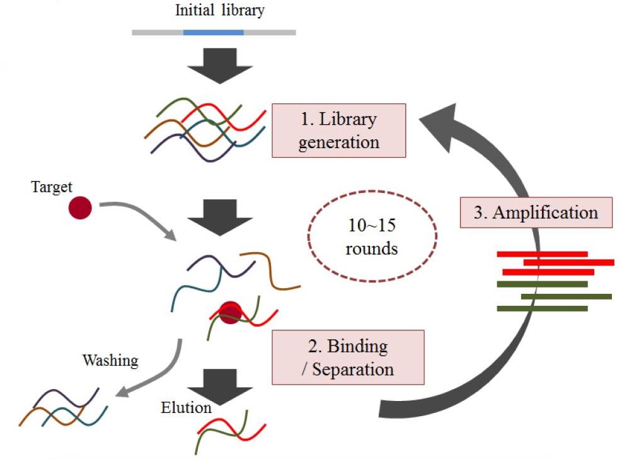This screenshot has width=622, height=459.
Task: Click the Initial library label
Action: point(213,11)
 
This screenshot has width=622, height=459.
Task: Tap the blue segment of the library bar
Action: point(213,31)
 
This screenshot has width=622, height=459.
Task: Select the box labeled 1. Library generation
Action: point(338,130)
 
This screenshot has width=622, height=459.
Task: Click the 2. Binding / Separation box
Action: point(347,357)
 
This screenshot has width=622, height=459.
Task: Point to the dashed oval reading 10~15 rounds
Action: point(372,236)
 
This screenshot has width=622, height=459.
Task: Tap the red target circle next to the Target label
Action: point(81,208)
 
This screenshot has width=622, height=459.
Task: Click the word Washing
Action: point(110,361)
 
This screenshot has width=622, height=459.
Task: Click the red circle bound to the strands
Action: point(229,312)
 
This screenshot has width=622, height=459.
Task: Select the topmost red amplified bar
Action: point(542,254)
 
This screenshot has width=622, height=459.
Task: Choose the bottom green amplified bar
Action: point(542,308)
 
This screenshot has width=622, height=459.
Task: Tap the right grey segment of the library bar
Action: point(269,31)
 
